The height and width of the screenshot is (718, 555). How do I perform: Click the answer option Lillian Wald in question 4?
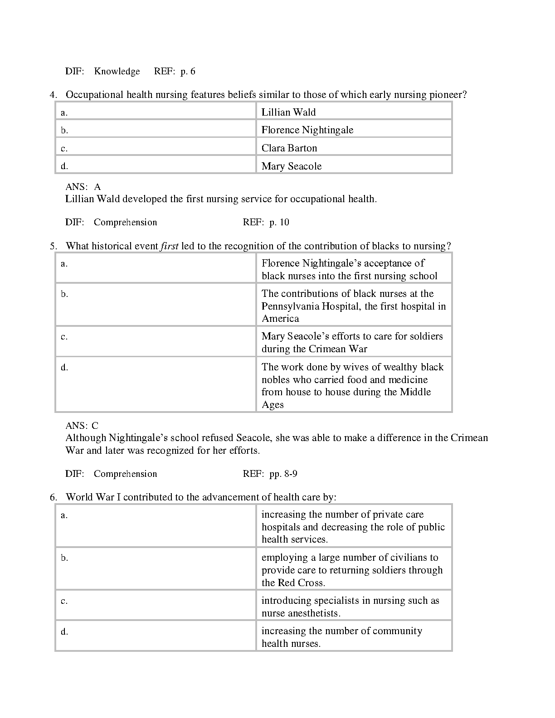click(x=288, y=112)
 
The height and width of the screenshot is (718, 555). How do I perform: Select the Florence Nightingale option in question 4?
click(x=307, y=130)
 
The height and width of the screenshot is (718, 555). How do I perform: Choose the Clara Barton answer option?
click(x=289, y=148)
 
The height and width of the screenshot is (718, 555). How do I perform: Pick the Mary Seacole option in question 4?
click(x=291, y=166)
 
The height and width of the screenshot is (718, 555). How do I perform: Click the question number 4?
click(x=54, y=95)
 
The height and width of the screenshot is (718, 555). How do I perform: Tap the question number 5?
click(x=54, y=246)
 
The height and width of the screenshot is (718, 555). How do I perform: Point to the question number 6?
click(x=54, y=497)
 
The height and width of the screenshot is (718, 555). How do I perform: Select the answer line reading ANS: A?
click(x=83, y=187)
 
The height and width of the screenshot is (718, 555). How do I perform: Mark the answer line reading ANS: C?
click(x=82, y=426)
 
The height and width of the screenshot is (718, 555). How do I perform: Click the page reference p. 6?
click(x=188, y=71)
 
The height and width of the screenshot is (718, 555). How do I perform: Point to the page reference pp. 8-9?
click(x=283, y=474)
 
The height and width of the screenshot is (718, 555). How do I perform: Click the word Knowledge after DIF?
click(x=117, y=71)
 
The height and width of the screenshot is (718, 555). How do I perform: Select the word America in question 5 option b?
click(x=280, y=319)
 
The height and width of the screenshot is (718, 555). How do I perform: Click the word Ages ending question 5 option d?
click(x=273, y=405)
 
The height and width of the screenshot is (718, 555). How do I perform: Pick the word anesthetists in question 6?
click(x=313, y=613)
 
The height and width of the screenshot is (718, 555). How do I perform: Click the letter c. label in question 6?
click(x=64, y=601)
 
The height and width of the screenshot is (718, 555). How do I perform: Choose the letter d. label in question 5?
click(x=64, y=368)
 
